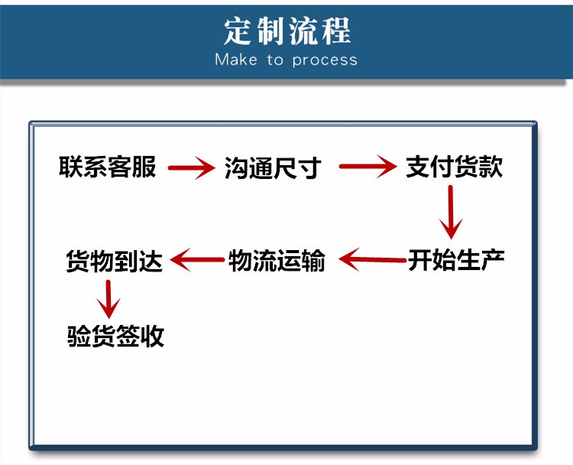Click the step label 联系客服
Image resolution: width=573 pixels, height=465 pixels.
(108, 167)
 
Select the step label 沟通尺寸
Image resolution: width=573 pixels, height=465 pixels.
(273, 168)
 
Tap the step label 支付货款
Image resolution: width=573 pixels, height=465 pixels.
(455, 167)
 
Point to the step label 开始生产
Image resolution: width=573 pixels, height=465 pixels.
(456, 260)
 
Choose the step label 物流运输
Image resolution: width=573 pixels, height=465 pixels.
(277, 261)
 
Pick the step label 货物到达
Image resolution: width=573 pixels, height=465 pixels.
(114, 261)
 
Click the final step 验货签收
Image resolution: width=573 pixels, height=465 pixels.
(115, 336)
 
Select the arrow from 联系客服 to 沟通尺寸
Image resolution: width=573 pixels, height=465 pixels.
(192, 168)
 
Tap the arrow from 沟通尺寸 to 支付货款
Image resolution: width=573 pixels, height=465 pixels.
(367, 167)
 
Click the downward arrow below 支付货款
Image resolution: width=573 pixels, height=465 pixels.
(451, 212)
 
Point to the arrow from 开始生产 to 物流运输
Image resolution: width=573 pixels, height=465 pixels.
(372, 259)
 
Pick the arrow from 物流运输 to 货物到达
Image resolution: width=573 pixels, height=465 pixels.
(197, 260)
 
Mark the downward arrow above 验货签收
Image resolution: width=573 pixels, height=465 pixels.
(108, 299)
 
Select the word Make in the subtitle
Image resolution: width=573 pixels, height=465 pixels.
(236, 60)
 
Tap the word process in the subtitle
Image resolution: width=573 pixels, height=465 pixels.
(325, 60)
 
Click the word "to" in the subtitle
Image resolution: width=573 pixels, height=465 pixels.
(275, 60)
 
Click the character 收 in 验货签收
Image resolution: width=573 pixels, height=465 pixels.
(152, 336)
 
